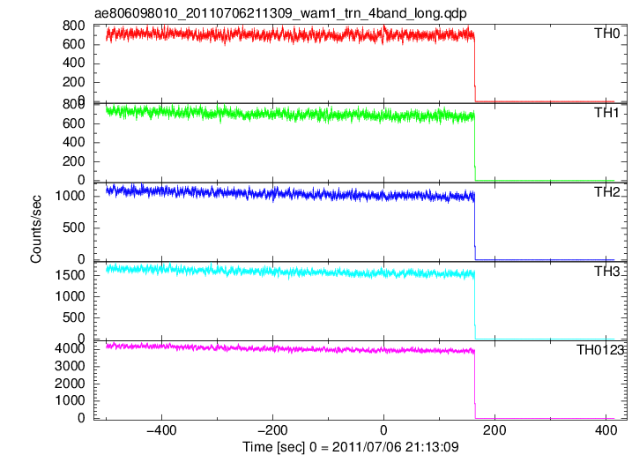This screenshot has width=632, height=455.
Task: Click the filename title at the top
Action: (280, 13)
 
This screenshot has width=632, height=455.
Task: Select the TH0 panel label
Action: (606, 34)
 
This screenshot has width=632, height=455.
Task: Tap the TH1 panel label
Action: (606, 113)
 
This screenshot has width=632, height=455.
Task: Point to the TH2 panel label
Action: (606, 192)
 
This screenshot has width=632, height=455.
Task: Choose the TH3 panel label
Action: (606, 272)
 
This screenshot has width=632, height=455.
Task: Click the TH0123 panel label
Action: (599, 350)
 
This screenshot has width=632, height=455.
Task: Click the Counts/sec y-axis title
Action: (36, 229)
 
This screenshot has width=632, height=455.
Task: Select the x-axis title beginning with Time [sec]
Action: (350, 447)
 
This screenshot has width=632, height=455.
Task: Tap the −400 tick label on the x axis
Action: (161, 430)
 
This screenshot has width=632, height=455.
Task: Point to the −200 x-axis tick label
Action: (272, 430)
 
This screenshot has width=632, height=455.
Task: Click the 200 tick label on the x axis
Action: (494, 430)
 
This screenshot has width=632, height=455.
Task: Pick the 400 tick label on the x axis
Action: (606, 430)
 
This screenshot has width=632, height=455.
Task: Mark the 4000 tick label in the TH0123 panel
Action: (70, 348)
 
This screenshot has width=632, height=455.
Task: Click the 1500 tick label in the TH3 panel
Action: (70, 275)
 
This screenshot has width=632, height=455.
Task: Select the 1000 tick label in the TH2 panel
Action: (70, 196)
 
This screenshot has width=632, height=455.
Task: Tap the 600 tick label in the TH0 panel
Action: (74, 44)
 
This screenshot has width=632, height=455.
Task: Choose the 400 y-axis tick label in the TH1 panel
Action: (74, 142)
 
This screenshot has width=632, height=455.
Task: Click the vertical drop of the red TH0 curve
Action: (475, 69)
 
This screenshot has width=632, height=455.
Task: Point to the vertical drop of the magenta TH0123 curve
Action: (475, 384)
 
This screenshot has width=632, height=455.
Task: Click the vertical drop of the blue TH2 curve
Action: (475, 227)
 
